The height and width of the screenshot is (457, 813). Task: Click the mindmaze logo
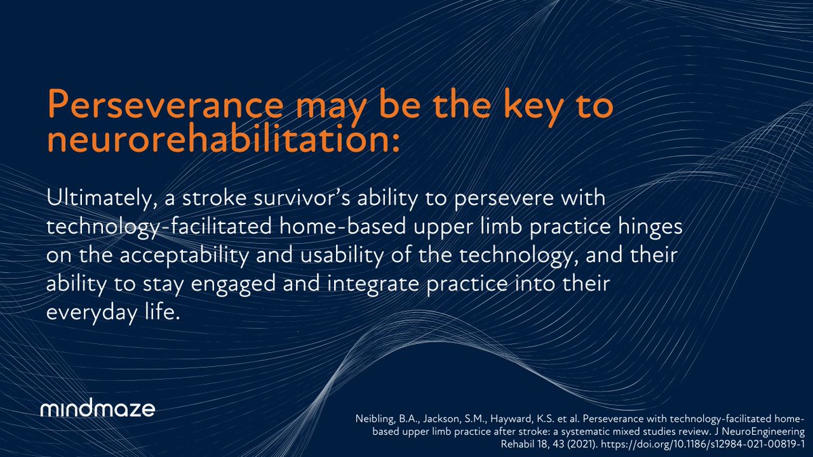(98, 410)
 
